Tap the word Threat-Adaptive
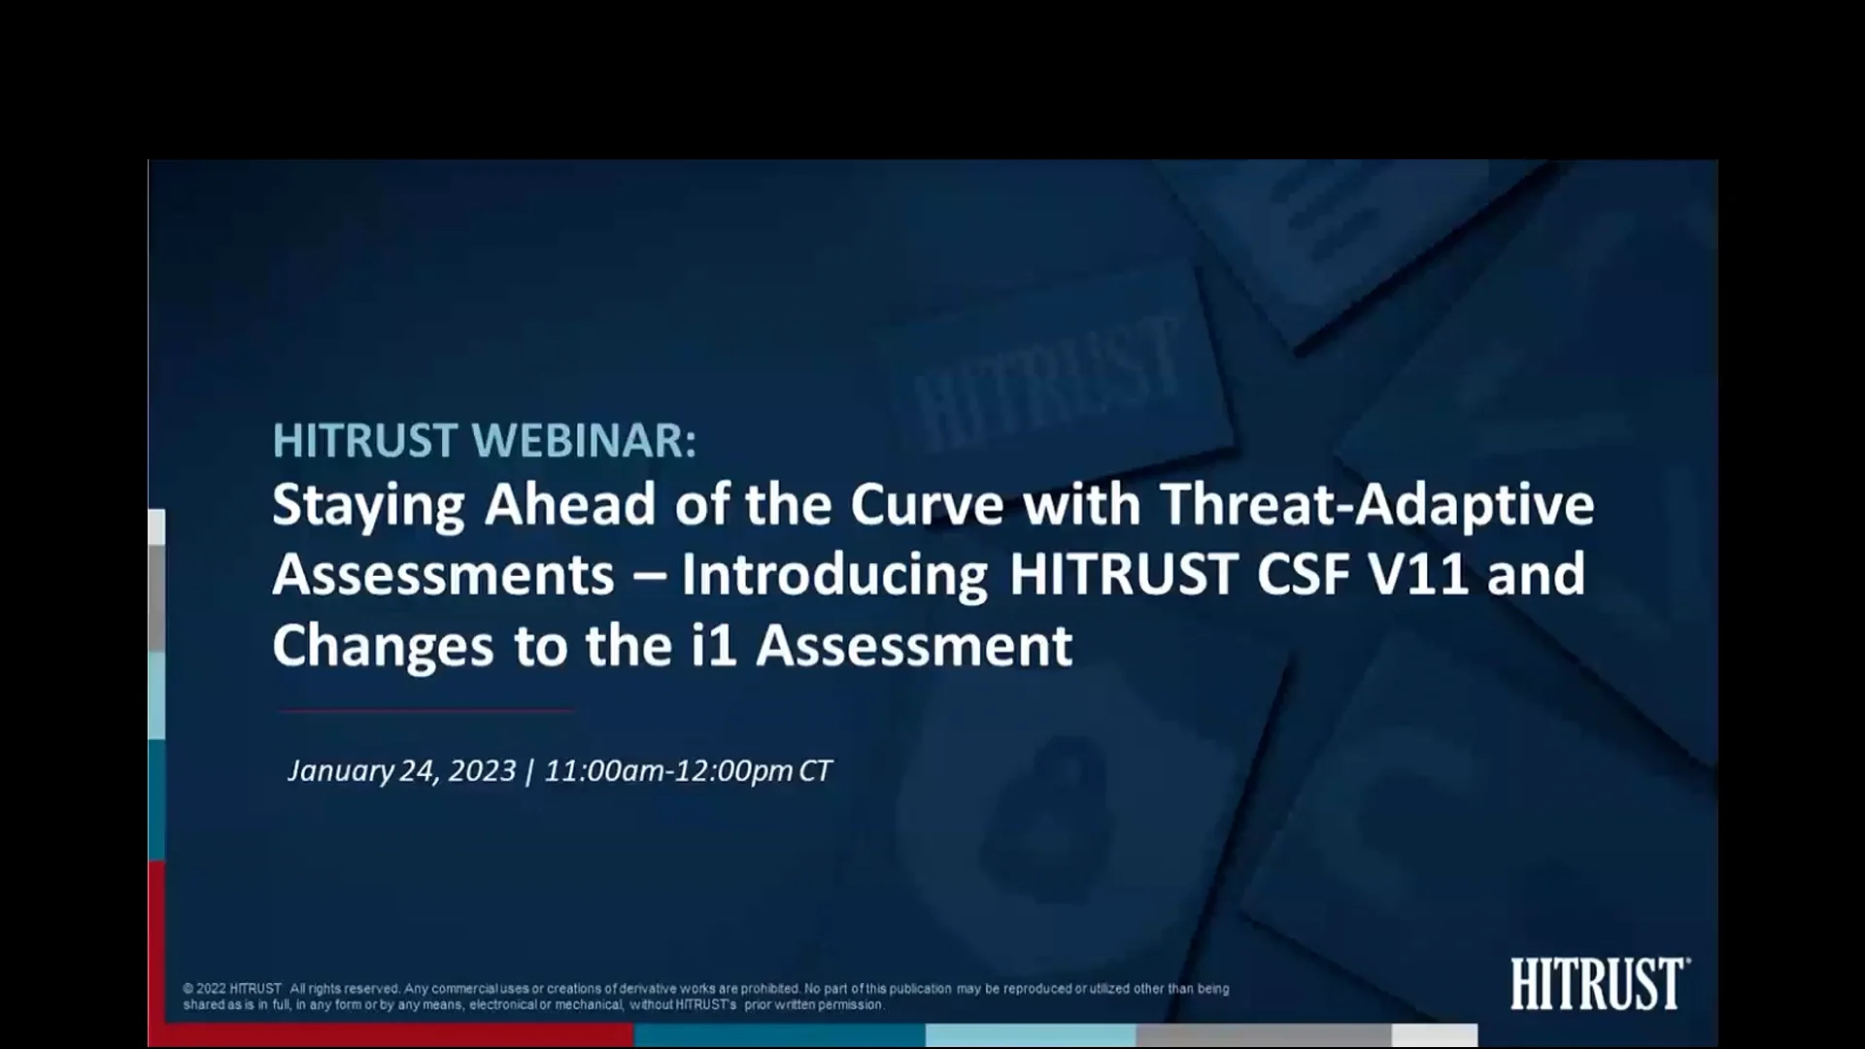point(1376,506)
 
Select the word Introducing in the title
point(834,575)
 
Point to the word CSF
point(1302,574)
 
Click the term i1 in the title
point(714,645)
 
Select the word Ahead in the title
point(570,504)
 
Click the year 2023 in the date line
point(482,771)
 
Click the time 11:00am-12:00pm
point(668,771)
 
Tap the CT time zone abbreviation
point(814,771)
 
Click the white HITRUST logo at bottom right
point(1599,984)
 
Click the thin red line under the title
point(425,711)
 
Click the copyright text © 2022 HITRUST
point(232,989)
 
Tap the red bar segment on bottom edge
point(389,1035)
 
